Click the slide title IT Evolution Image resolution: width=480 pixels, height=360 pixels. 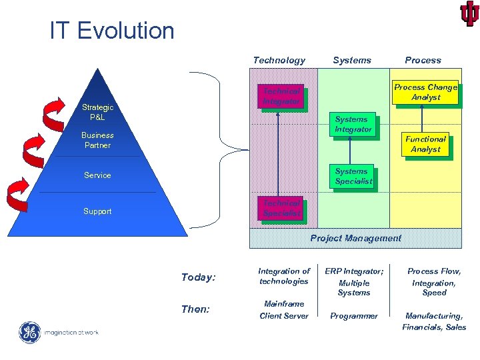[x=111, y=30]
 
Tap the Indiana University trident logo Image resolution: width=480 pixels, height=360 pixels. [x=469, y=13]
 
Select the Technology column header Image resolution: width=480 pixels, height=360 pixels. [x=279, y=60]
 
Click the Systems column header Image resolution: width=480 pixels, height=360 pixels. [x=352, y=60]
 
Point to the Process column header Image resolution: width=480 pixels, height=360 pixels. [x=423, y=60]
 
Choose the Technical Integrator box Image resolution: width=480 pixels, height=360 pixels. [x=281, y=96]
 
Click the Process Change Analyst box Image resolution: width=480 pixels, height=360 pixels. [x=425, y=92]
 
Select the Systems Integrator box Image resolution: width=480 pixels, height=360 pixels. [x=352, y=124]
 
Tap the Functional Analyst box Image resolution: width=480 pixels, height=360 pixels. [x=425, y=144]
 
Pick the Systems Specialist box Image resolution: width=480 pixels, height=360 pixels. [x=352, y=176]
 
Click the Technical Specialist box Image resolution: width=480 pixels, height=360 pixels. [x=281, y=208]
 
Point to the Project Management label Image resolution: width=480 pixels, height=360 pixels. [x=355, y=238]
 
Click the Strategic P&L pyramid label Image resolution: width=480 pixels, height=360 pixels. [x=97, y=112]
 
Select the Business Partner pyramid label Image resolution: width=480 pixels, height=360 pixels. [x=97, y=140]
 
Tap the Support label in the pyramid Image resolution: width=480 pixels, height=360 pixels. [x=97, y=211]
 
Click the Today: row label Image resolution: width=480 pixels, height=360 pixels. [x=198, y=277]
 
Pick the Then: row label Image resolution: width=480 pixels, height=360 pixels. [x=195, y=309]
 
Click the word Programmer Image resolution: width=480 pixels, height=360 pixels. [x=353, y=316]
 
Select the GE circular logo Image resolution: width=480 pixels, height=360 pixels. [x=30, y=332]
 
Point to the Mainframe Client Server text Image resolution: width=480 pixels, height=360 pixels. [x=284, y=309]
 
